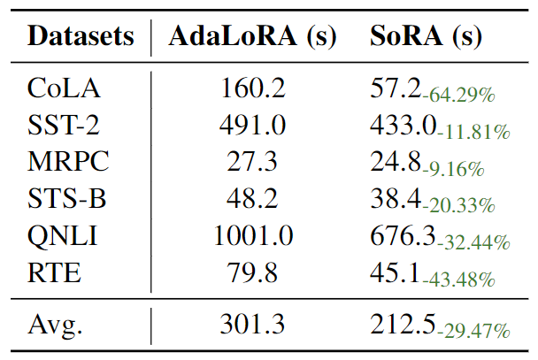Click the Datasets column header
[81, 37]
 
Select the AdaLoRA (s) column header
[252, 37]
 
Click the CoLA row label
[64, 88]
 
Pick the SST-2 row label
[64, 125]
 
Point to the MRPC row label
[67, 162]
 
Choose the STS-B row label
[67, 199]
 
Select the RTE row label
[55, 273]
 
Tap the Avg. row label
[56, 325]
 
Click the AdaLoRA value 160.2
[252, 88]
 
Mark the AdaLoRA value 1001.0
[252, 236]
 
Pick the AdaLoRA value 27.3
[252, 162]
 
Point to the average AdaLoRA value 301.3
[252, 325]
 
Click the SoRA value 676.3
[403, 236]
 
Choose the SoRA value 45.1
[396, 273]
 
